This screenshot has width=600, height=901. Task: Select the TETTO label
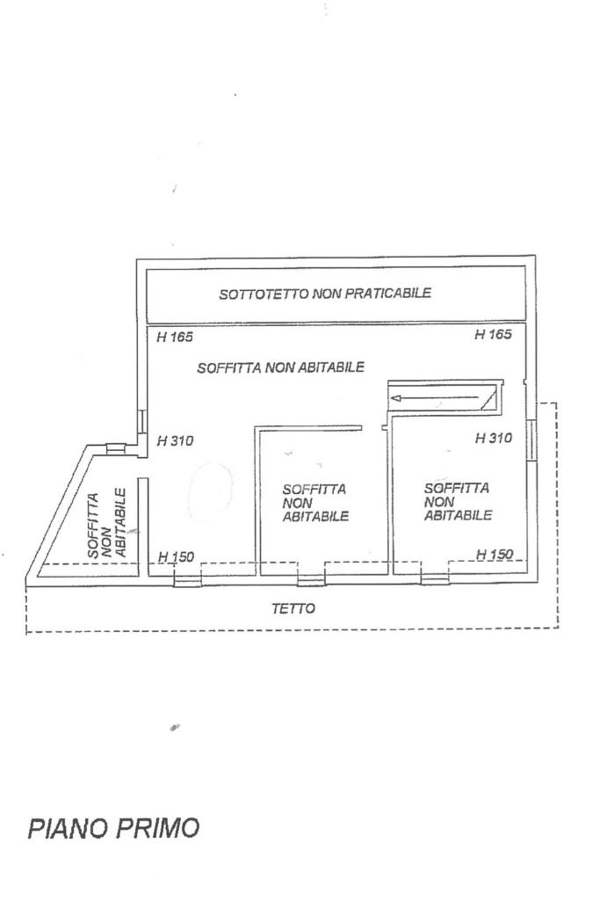293,608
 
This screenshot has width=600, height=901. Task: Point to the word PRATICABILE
387,294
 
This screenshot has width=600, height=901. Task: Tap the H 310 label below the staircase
494,438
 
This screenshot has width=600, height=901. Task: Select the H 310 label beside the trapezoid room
175,441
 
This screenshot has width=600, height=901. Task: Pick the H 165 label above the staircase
494,334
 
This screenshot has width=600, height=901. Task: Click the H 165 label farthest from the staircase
174,337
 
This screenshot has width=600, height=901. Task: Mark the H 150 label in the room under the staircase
494,554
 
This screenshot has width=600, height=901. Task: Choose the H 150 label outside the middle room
176,557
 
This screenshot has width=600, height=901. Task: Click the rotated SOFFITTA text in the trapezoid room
94,525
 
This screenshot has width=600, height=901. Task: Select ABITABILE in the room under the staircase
458,516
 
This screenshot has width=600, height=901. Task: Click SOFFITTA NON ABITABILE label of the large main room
280,367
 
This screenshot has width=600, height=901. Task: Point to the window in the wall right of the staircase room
531,440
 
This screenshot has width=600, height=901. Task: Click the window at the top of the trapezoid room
116,448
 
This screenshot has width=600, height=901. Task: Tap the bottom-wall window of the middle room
311,578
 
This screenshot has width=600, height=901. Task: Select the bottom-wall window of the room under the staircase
434,578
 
